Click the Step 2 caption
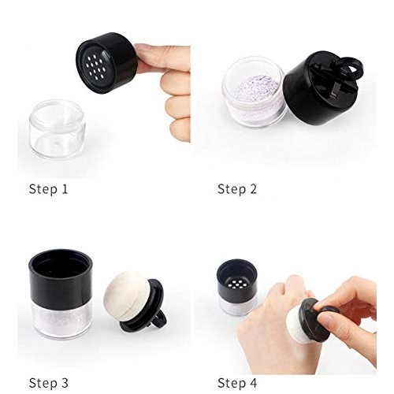(237, 188)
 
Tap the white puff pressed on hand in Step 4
(303, 324)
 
